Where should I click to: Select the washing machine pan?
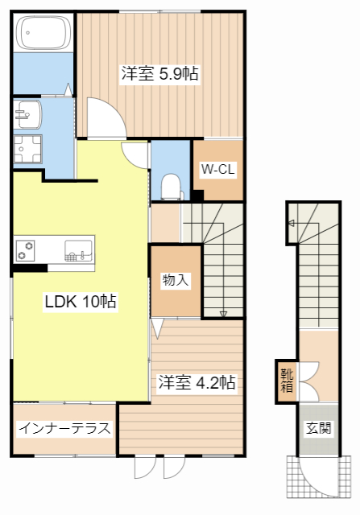(29, 150)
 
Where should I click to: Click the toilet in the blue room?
(171, 186)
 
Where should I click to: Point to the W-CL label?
(217, 169)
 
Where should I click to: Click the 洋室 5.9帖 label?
(160, 74)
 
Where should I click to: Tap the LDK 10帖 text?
(80, 302)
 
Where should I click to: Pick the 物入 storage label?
(176, 281)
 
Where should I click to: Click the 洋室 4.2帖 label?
(197, 382)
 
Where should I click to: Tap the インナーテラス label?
(64, 428)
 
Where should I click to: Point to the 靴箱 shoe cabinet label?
(288, 380)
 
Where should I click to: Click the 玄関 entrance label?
(317, 428)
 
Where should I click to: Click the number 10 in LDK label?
(92, 302)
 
